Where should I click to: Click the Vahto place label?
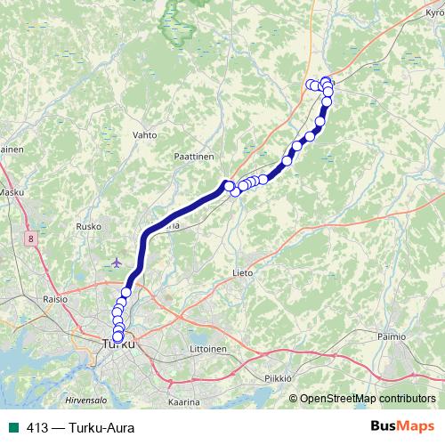(x=144, y=135)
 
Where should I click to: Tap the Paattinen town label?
(x=193, y=155)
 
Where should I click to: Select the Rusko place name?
(x=89, y=227)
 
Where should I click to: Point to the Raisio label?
(x=56, y=301)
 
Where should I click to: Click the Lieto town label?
(x=242, y=272)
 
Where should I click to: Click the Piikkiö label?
(x=279, y=377)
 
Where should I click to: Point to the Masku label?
(x=11, y=192)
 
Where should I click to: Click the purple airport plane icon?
(x=117, y=263)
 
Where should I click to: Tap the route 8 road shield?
(x=31, y=239)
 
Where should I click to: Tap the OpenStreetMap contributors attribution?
(x=368, y=399)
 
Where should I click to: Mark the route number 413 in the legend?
(x=37, y=428)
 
